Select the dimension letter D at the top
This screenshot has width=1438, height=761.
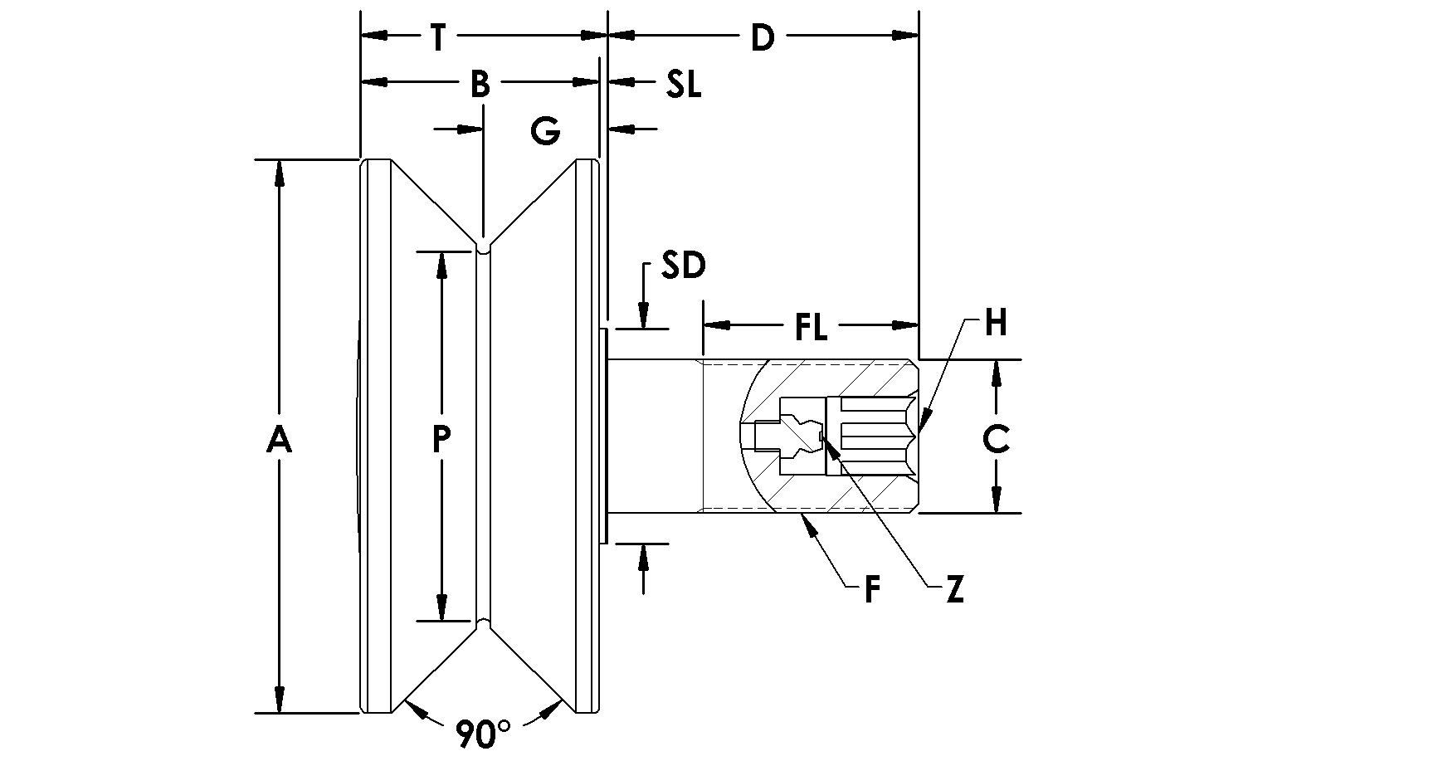point(762,37)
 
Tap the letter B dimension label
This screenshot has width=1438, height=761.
point(480,84)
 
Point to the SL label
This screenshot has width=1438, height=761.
point(683,84)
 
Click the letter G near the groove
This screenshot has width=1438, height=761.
point(545,131)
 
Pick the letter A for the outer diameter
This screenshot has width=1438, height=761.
point(279,439)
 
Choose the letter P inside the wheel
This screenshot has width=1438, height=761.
point(441,439)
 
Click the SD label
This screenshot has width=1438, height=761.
point(683,266)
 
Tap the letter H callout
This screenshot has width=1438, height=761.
point(996,323)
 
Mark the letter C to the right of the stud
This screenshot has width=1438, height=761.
point(996,439)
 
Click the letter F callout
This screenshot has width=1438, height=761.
point(871,590)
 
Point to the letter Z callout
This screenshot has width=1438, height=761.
point(955,590)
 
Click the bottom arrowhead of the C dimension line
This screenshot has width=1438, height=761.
point(997,503)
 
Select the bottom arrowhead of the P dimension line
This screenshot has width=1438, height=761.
point(441,610)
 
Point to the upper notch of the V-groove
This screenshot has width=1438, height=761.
point(483,246)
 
